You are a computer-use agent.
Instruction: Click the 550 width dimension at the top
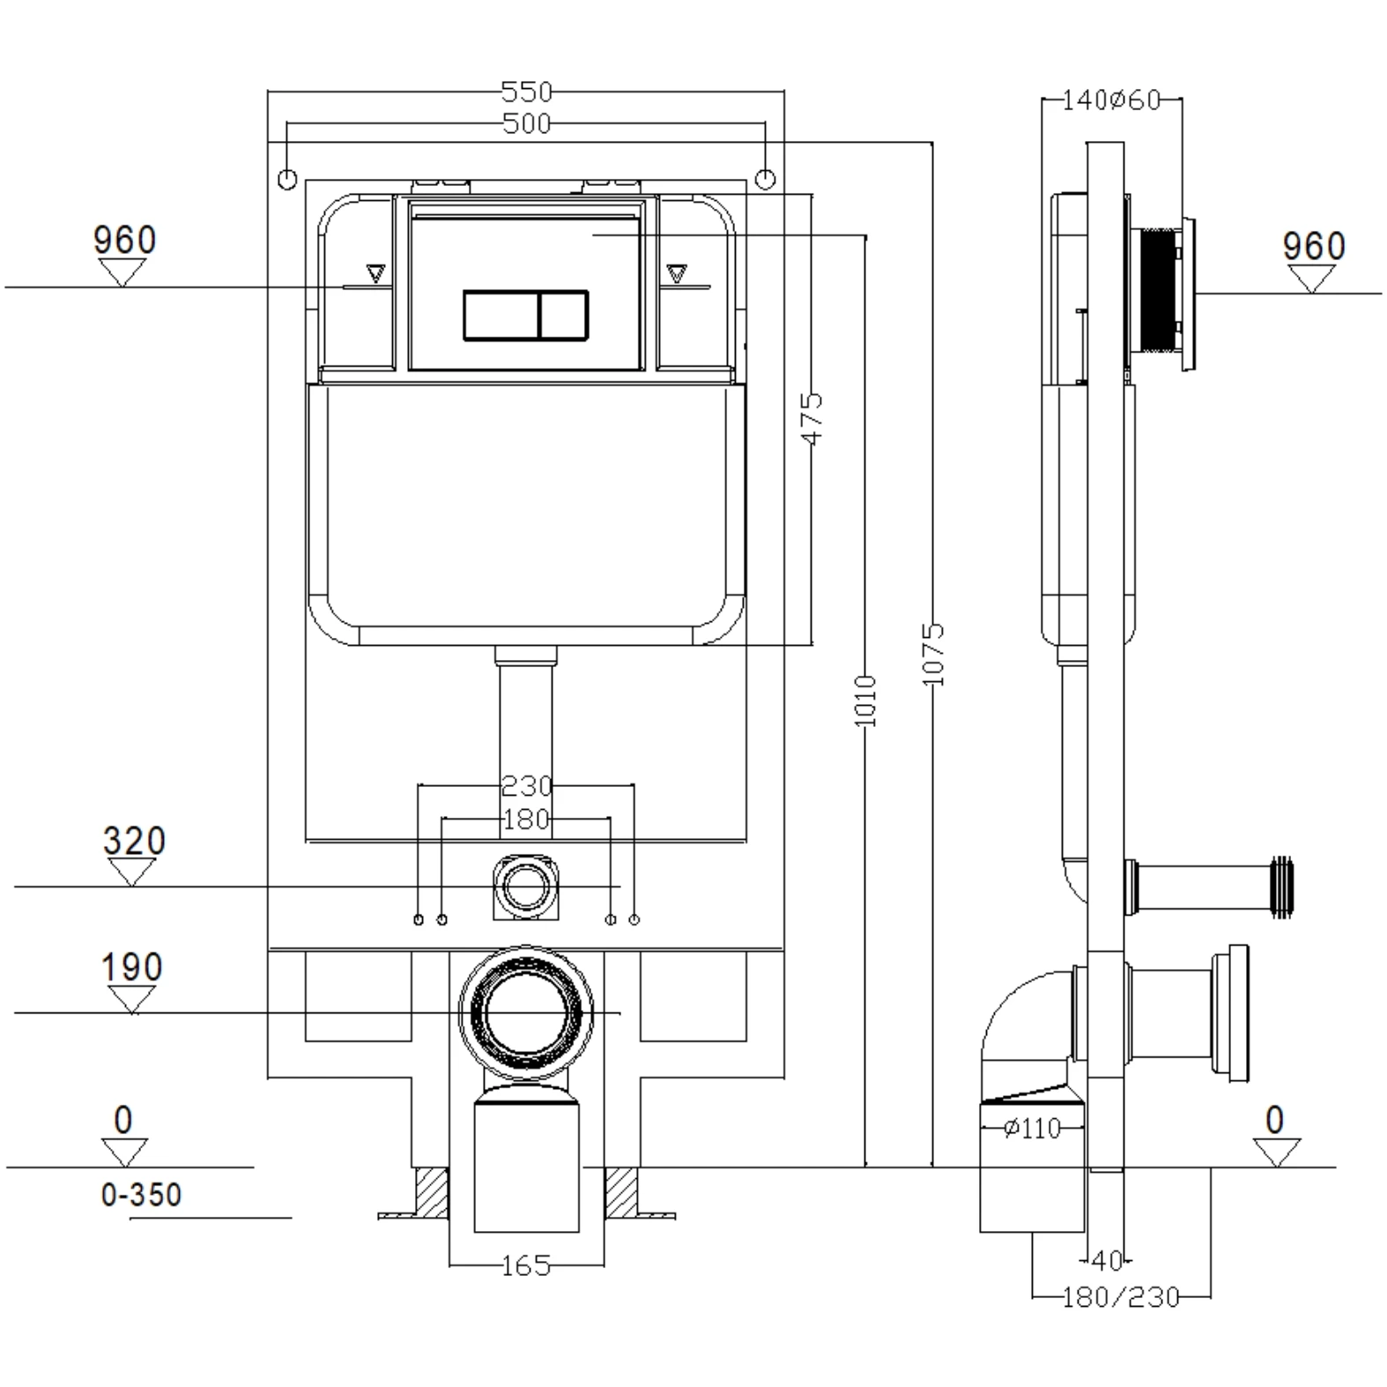pyautogui.click(x=526, y=92)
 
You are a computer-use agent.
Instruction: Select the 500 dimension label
pyautogui.click(x=526, y=124)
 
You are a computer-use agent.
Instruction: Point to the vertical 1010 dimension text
pyautogui.click(x=866, y=701)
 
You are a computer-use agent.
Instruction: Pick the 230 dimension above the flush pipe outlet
pyautogui.click(x=526, y=784)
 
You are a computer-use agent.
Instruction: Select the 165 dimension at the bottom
pyautogui.click(x=526, y=1266)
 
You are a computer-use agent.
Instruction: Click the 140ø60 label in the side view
pyautogui.click(x=1110, y=100)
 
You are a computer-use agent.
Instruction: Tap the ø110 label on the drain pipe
pyautogui.click(x=1032, y=1128)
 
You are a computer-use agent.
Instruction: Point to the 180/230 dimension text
pyautogui.click(x=1120, y=1297)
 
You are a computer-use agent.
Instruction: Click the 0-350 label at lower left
pyautogui.click(x=141, y=1195)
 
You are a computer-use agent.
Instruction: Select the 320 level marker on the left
pyautogui.click(x=134, y=842)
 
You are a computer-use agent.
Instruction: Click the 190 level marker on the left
pyautogui.click(x=132, y=968)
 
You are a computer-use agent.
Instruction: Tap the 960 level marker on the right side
pyautogui.click(x=1314, y=246)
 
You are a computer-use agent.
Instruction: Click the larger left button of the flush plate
pyautogui.click(x=500, y=315)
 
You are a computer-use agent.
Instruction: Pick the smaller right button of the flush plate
pyautogui.click(x=563, y=315)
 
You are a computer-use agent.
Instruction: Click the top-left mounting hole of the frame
pyautogui.click(x=287, y=179)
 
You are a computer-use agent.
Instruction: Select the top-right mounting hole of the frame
pyautogui.click(x=766, y=179)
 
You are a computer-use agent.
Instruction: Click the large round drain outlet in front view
pyautogui.click(x=526, y=1012)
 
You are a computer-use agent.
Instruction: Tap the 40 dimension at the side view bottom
pyautogui.click(x=1107, y=1261)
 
